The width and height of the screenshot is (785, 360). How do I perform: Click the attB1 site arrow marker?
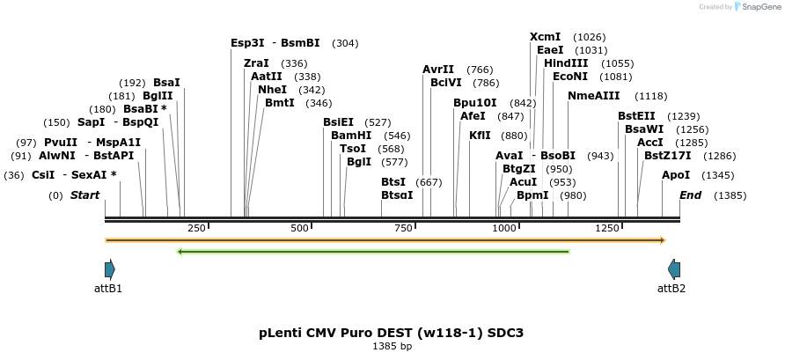tap(110, 269)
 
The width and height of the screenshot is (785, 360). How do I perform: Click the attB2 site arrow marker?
tap(674, 269)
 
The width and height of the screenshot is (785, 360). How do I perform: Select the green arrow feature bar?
tap(373, 252)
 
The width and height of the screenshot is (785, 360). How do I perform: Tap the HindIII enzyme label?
tap(566, 63)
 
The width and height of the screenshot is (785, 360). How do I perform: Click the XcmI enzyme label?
tap(546, 37)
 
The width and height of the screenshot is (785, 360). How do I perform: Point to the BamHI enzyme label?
tap(351, 136)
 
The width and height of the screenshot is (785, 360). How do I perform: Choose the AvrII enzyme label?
tap(438, 70)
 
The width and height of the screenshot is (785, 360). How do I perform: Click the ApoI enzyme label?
tap(676, 175)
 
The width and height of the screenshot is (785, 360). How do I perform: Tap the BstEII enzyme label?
tap(636, 116)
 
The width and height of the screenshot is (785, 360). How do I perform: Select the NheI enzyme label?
tap(273, 90)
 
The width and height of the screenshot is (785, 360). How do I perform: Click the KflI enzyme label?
tap(480, 136)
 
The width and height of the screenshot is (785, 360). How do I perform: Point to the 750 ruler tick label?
tap(403, 228)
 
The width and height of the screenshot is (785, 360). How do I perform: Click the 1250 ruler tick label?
tap(608, 228)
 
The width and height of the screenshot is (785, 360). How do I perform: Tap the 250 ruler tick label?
tap(196, 228)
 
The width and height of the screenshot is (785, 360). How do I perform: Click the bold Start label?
tap(84, 195)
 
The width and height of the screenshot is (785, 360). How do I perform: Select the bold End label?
tap(690, 195)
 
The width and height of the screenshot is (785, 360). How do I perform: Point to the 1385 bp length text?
tap(392, 346)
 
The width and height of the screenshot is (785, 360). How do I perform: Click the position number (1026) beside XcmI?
tap(589, 37)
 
